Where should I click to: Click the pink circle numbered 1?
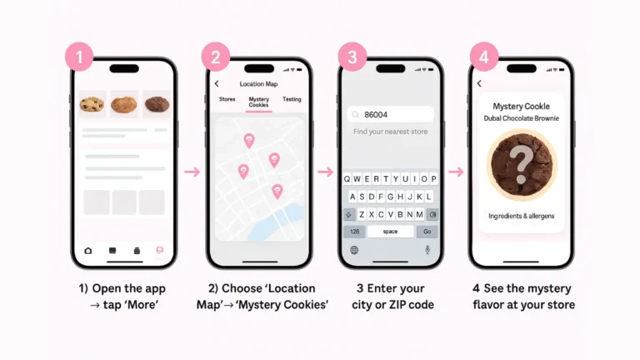pyautogui.click(x=79, y=57)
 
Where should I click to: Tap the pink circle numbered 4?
pyautogui.click(x=484, y=57)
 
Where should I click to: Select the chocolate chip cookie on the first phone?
pyautogui.click(x=92, y=104)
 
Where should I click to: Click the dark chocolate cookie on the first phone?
pyautogui.click(x=157, y=103)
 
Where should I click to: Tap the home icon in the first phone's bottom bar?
pyautogui.click(x=88, y=251)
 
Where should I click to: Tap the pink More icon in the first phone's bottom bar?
pyautogui.click(x=160, y=250)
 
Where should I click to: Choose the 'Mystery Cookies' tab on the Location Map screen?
pyautogui.click(x=259, y=102)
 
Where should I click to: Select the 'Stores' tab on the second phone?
pyautogui.click(x=227, y=99)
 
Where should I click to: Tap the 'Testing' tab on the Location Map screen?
pyautogui.click(x=292, y=99)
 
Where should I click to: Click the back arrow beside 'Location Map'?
pyautogui.click(x=217, y=83)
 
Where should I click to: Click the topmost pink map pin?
pyautogui.click(x=249, y=140)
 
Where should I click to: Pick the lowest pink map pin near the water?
pyautogui.click(x=277, y=192)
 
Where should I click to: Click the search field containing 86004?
pyautogui.click(x=390, y=115)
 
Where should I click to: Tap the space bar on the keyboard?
pyautogui.click(x=391, y=232)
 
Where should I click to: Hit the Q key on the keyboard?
pyautogui.click(x=347, y=179)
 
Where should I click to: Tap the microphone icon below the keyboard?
pyautogui.click(x=427, y=249)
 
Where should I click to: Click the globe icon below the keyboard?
pyautogui.click(x=354, y=250)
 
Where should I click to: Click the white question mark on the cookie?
pyautogui.click(x=521, y=164)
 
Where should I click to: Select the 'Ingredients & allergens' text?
pyautogui.click(x=521, y=216)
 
